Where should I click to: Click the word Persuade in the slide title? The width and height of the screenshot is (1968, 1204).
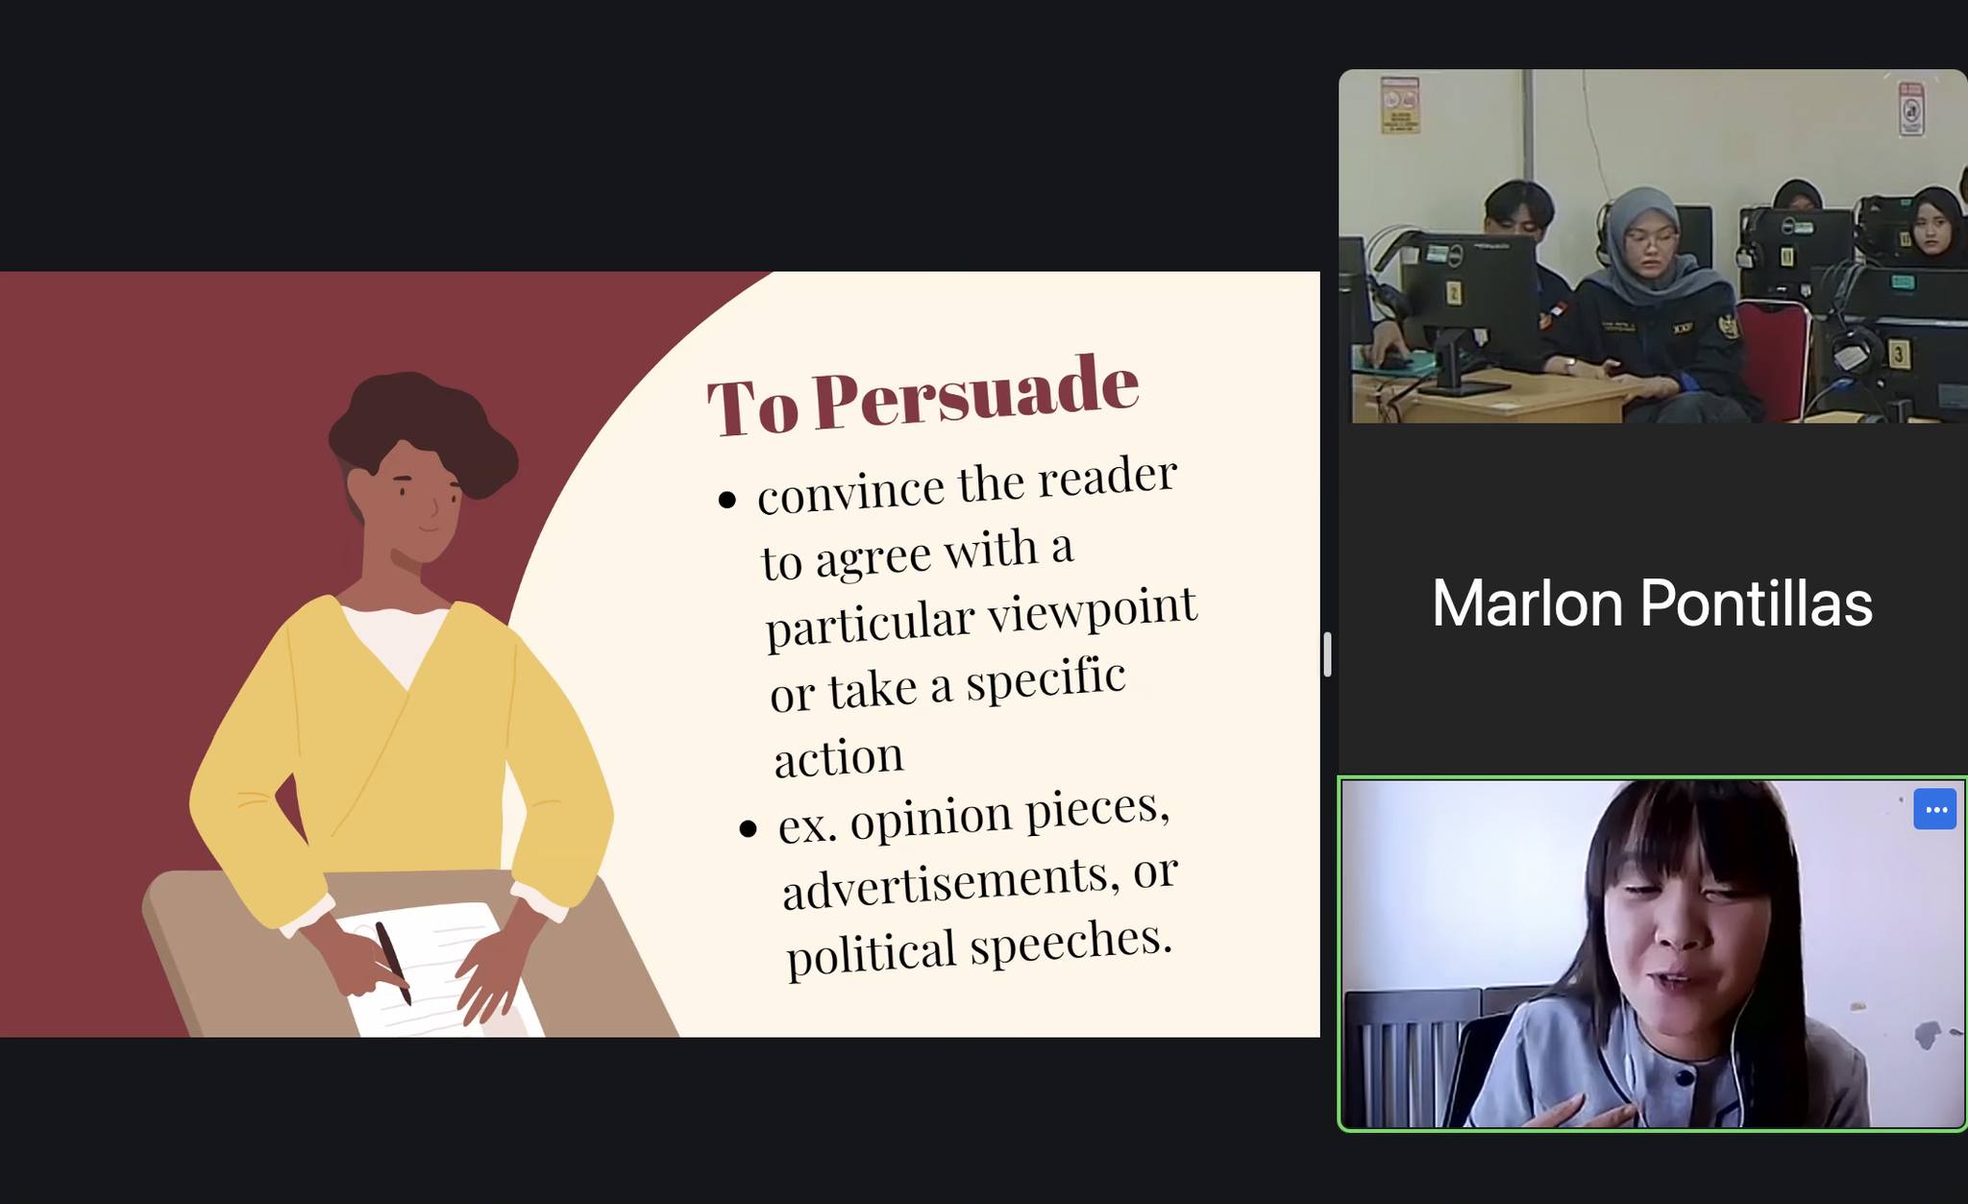976,391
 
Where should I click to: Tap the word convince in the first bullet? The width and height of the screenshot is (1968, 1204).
850,492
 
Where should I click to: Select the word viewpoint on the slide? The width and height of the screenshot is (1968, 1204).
1093,611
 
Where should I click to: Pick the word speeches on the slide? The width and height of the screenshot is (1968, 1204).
1070,941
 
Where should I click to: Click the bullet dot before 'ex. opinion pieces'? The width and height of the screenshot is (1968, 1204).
749,828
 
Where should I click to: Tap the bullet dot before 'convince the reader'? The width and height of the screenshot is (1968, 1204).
727,500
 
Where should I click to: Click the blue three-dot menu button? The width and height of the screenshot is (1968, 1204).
1934,809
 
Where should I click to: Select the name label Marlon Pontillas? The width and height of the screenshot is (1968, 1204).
1652,603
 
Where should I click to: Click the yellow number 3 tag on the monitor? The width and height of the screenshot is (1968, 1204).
1898,355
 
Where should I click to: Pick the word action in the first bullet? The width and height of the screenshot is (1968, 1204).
838,756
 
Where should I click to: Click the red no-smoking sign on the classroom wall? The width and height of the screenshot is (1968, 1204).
1910,109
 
